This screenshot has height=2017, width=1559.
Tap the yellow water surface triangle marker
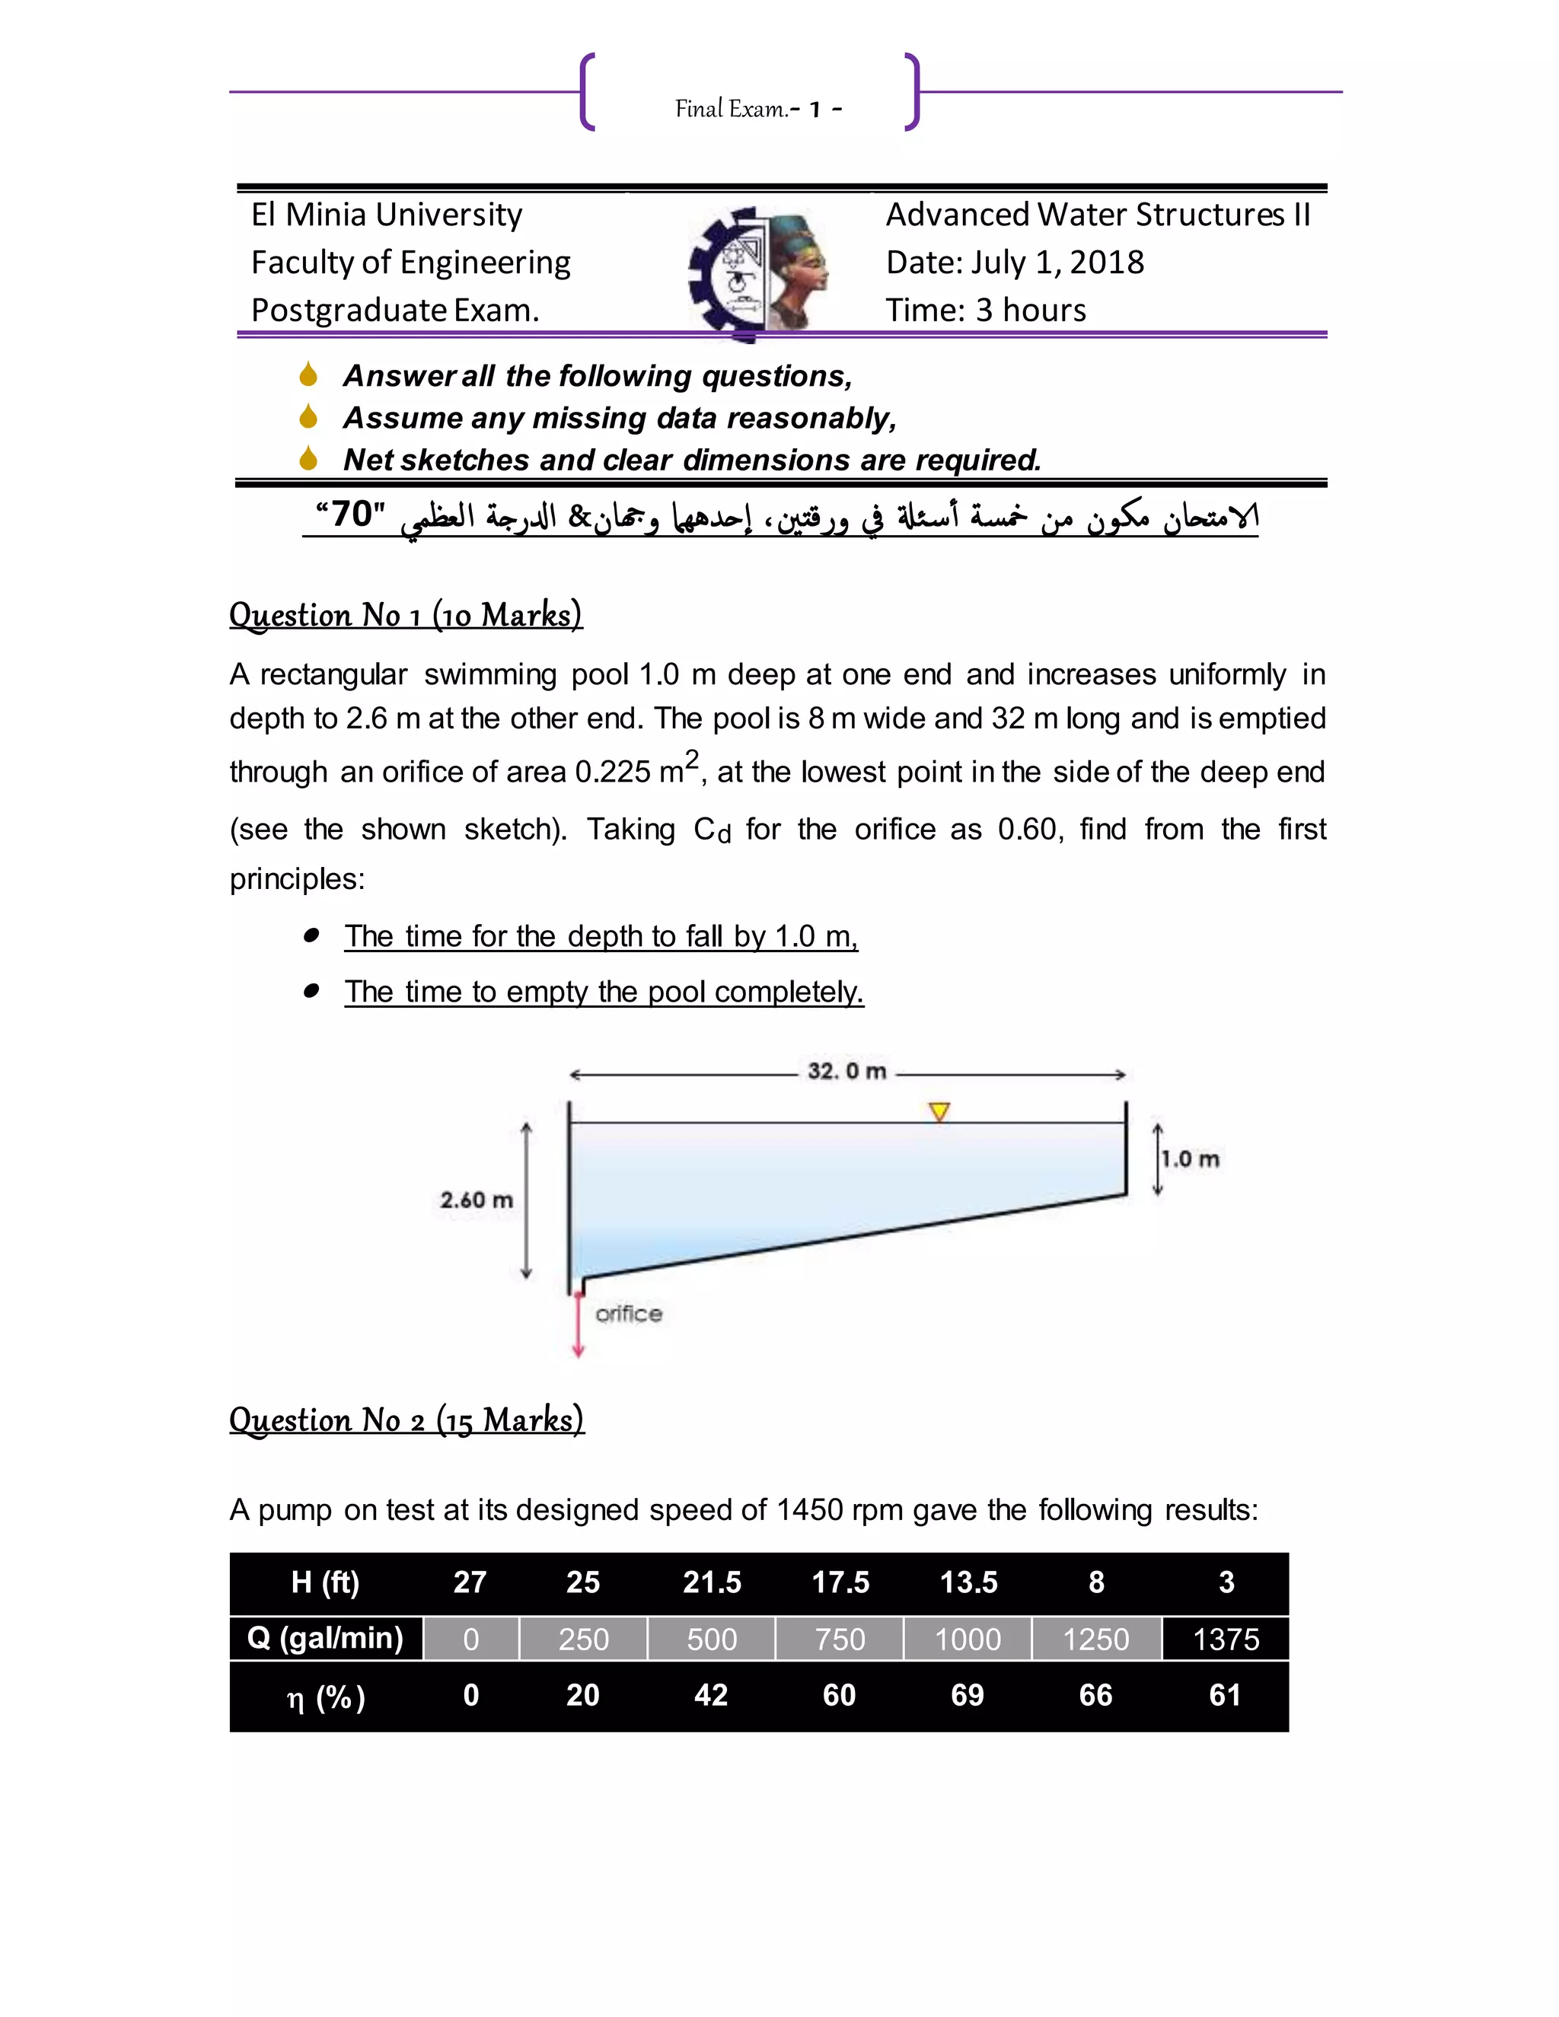(939, 1112)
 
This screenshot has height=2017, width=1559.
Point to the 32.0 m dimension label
(846, 1072)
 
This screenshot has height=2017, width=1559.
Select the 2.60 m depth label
(476, 1200)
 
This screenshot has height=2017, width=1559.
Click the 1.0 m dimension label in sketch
(1190, 1159)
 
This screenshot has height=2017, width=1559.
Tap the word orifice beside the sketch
(628, 1313)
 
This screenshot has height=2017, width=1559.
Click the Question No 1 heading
(406, 615)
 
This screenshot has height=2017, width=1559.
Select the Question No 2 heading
(406, 1420)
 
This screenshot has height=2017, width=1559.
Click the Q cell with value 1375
(1225, 1639)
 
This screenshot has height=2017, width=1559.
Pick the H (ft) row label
(325, 1582)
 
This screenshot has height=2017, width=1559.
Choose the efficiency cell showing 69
(967, 1695)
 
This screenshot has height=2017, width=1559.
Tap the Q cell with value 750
(839, 1639)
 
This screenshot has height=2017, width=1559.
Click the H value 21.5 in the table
(711, 1582)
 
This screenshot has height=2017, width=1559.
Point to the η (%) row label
(325, 1697)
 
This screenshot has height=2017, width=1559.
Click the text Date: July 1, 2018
(1014, 263)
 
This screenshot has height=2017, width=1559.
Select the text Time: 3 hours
(986, 311)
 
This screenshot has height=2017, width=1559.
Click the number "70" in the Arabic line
(351, 514)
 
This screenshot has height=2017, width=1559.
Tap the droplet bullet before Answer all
(308, 375)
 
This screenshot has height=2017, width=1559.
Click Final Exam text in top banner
(732, 110)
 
